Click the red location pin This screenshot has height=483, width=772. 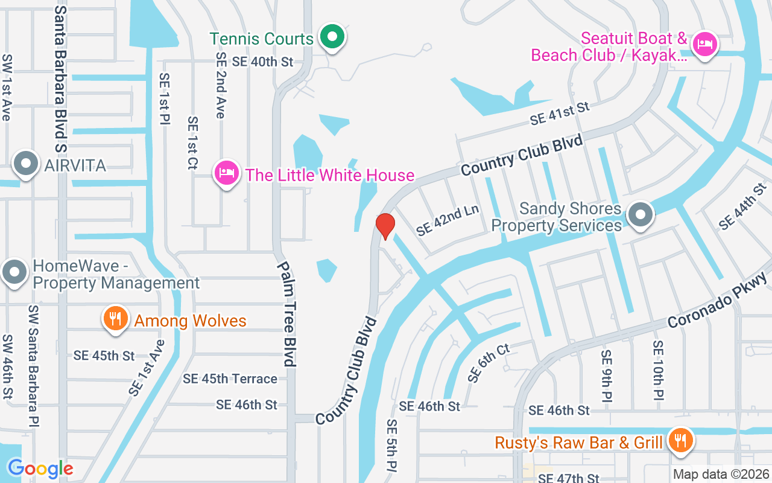click(x=385, y=226)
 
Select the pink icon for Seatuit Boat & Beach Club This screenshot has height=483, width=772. click(x=704, y=44)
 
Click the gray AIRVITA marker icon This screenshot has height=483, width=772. click(x=26, y=165)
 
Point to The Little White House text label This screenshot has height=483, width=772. click(x=330, y=176)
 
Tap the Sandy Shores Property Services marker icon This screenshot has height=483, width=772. click(x=641, y=216)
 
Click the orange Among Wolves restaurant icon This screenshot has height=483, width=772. click(x=114, y=319)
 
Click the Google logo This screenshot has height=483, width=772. click(x=40, y=469)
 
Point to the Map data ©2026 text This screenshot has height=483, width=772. click(x=721, y=475)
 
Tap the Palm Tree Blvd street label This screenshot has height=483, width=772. click(x=287, y=313)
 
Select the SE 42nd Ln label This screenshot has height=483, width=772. click(x=448, y=219)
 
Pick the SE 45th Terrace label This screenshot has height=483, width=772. click(x=230, y=379)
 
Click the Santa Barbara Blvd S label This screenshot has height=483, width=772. click(x=60, y=75)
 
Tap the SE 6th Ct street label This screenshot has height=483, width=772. click(x=489, y=363)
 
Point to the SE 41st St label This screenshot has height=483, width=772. click(x=559, y=113)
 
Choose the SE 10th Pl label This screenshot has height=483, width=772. click(x=658, y=370)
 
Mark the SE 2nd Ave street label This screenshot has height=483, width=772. click(x=221, y=85)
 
